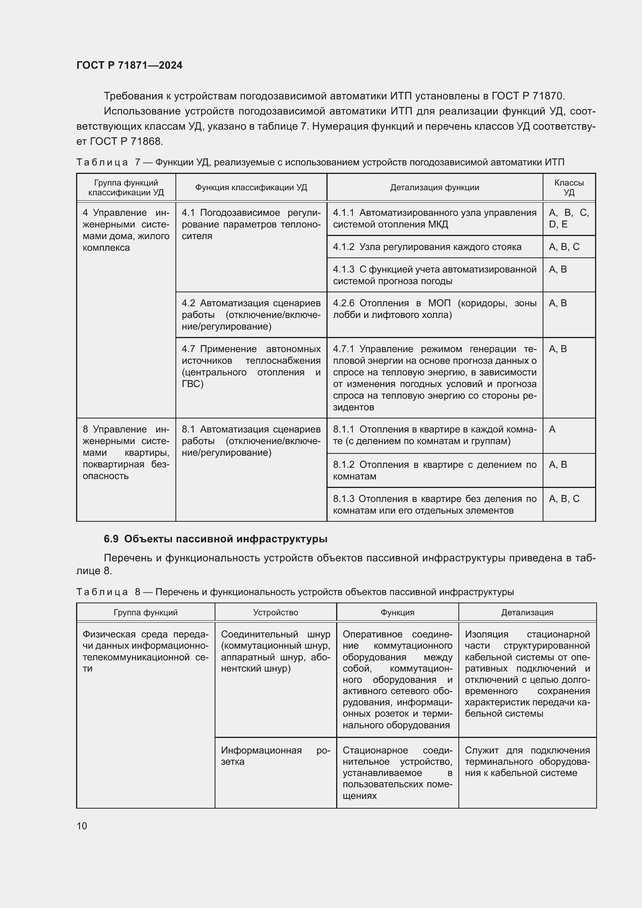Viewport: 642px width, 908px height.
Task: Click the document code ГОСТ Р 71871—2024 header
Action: coord(129,65)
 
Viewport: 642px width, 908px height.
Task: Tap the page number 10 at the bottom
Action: coord(82,826)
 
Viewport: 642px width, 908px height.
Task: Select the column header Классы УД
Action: coord(569,188)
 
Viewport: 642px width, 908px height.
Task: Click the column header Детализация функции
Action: coord(434,188)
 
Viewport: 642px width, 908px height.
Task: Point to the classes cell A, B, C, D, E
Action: coord(569,219)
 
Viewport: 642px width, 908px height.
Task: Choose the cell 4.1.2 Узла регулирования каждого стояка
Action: coord(427,247)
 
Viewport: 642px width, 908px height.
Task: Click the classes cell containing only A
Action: coord(552,429)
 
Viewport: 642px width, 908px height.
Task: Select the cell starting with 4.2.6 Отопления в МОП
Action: coord(434,309)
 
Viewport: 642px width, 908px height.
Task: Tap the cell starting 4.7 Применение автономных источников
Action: coord(251,366)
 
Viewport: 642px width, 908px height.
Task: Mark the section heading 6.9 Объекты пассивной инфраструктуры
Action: coord(215,539)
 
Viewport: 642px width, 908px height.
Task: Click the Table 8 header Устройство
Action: coord(276,613)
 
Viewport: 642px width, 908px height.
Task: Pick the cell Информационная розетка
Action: coord(276,756)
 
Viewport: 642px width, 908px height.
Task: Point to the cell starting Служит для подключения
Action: coord(527,761)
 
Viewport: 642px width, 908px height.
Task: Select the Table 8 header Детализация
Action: coord(527,613)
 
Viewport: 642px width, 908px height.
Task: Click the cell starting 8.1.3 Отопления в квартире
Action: coord(434,504)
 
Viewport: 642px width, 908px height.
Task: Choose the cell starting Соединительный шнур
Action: coord(276,651)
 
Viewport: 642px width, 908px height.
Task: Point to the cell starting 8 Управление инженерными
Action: coord(126,452)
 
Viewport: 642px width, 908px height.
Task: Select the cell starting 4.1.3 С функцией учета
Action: coord(434,275)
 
